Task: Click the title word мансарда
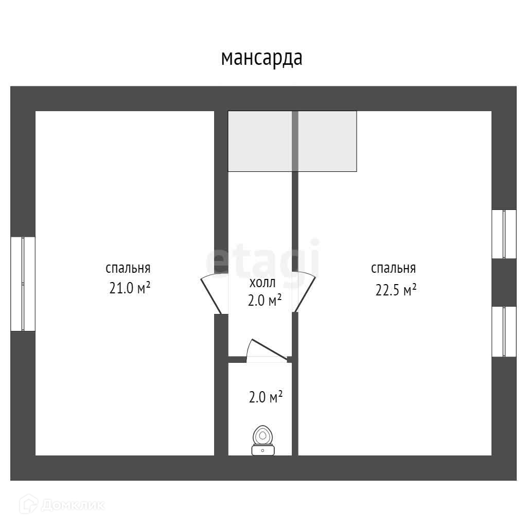[261, 58]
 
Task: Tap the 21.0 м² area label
[130, 289]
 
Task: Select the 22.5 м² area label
[396, 290]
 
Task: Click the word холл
[262, 282]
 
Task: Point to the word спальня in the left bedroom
[128, 268]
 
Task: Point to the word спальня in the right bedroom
[394, 268]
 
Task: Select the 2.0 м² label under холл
[265, 300]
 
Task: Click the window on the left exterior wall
[23, 284]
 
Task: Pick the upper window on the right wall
[503, 234]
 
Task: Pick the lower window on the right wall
[503, 331]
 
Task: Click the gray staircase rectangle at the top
[292, 141]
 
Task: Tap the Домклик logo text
[73, 505]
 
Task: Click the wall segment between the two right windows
[504, 283]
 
